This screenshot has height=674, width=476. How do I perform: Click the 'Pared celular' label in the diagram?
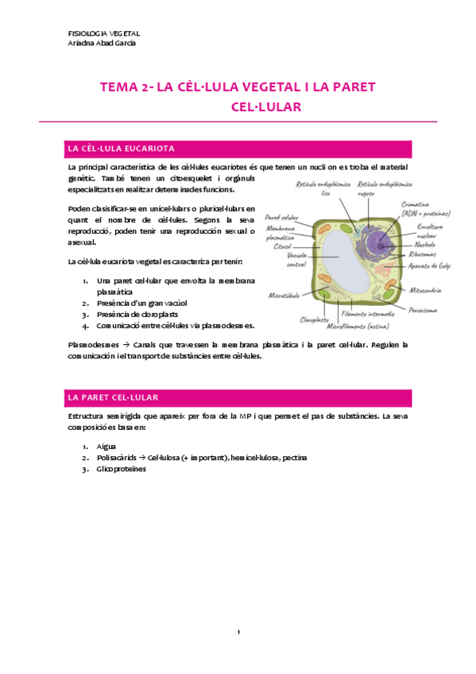281,216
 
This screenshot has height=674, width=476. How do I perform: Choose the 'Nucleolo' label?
430,245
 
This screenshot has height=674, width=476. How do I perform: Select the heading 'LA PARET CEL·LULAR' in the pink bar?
114,397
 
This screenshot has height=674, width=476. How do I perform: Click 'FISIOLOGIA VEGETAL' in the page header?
105,33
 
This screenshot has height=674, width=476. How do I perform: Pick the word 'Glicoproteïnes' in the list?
122,469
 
